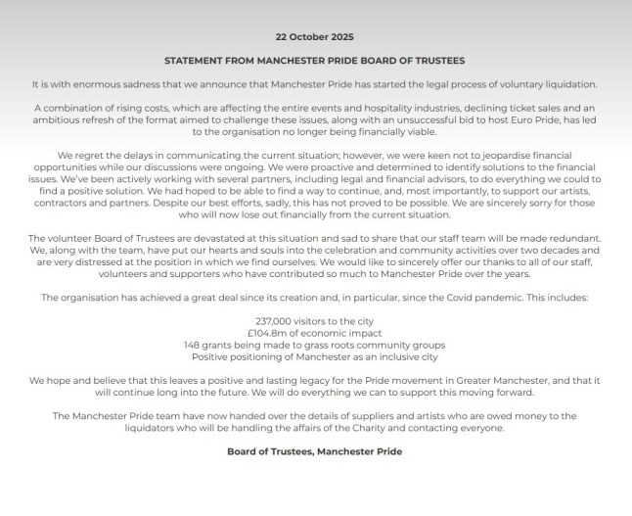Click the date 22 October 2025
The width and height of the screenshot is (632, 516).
315,35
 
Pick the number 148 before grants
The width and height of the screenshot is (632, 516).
194,346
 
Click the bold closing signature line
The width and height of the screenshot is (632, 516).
315,452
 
